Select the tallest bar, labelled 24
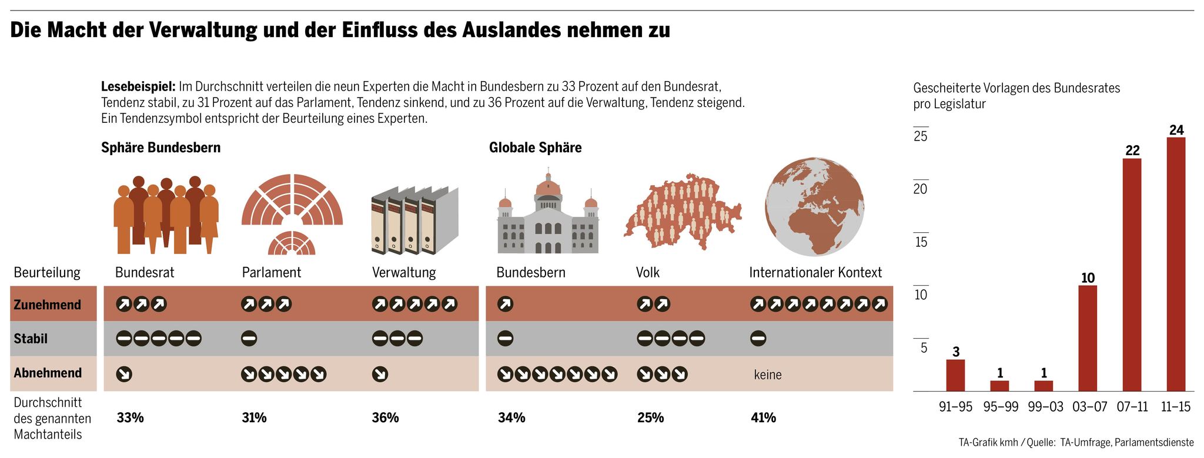click(x=1176, y=264)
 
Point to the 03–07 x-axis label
click(x=1089, y=407)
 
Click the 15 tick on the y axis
click(x=921, y=242)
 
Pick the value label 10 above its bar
click(x=1088, y=278)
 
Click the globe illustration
click(x=814, y=206)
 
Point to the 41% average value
click(x=763, y=418)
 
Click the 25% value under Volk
click(x=650, y=418)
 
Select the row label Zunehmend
click(x=47, y=305)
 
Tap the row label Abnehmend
click(x=48, y=373)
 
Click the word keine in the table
click(x=768, y=375)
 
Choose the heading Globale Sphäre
click(x=535, y=148)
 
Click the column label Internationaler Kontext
click(x=815, y=273)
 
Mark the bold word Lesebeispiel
click(x=138, y=86)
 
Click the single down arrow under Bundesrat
click(x=124, y=374)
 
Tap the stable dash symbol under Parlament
click(x=249, y=339)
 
